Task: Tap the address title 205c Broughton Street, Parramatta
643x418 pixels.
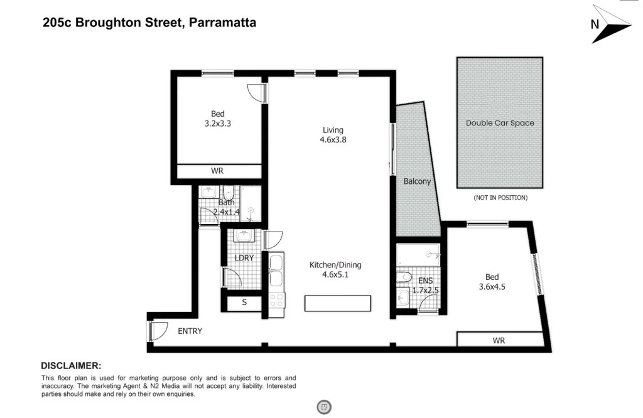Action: tap(149, 23)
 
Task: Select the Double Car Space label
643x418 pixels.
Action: tap(500, 123)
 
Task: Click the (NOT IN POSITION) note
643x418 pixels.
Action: tap(500, 198)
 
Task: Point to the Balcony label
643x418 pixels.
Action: tap(418, 181)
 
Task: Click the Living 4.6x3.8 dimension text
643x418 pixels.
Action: tap(333, 140)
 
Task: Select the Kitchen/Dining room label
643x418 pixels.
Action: tap(335, 265)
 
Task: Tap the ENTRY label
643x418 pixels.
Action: tap(190, 331)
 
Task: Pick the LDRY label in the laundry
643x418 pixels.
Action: tap(244, 258)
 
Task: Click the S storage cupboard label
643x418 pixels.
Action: tap(244, 303)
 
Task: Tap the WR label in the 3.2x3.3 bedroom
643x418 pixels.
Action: tap(217, 171)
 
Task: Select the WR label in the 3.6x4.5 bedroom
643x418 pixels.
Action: tap(499, 340)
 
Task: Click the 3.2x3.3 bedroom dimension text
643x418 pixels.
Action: tap(218, 124)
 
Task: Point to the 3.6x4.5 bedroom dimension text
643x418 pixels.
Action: tap(492, 287)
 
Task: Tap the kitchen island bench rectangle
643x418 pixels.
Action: tap(338, 304)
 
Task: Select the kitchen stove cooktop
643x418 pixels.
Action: tap(277, 300)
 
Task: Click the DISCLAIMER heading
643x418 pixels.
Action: tap(71, 365)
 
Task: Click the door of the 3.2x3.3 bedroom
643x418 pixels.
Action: tap(256, 92)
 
